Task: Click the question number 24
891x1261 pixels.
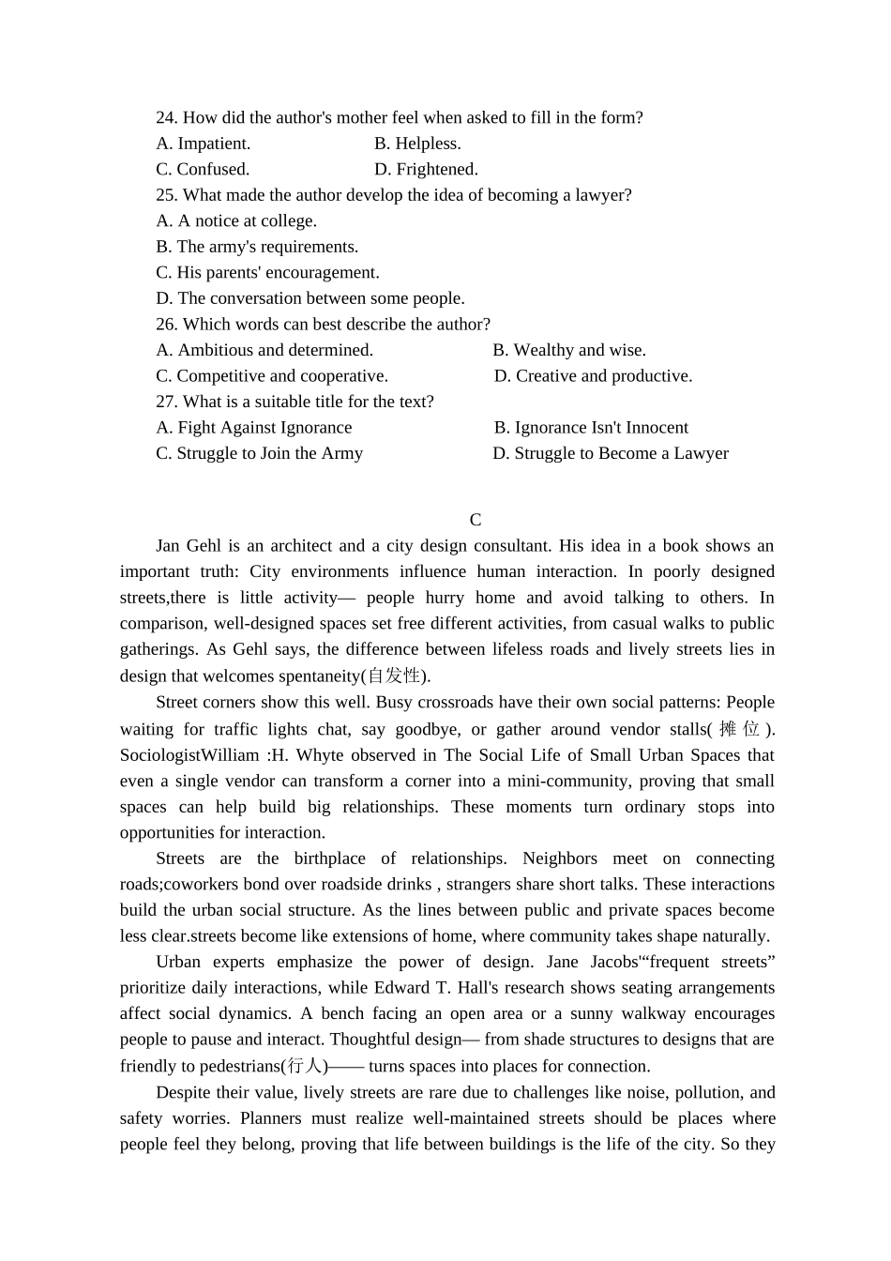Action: pyautogui.click(x=166, y=117)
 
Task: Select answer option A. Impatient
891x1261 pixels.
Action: pyautogui.click(x=204, y=144)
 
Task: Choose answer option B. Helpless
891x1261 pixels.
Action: pyautogui.click(x=417, y=144)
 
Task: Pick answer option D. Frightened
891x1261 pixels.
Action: pyautogui.click(x=426, y=169)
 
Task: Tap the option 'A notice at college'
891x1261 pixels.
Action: pyautogui.click(x=236, y=220)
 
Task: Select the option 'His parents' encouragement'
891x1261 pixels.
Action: pyautogui.click(x=267, y=272)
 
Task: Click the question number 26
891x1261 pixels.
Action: pyautogui.click(x=166, y=324)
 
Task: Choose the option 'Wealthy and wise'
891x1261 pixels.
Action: pyautogui.click(x=569, y=350)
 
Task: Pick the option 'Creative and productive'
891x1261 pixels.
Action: pyautogui.click(x=593, y=375)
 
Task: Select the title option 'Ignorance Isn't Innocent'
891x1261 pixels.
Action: pyautogui.click(x=591, y=427)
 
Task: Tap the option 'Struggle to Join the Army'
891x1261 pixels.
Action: pyautogui.click(x=259, y=453)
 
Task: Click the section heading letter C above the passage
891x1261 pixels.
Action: pyautogui.click(x=476, y=520)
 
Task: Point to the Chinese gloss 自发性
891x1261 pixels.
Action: pyautogui.click(x=394, y=676)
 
